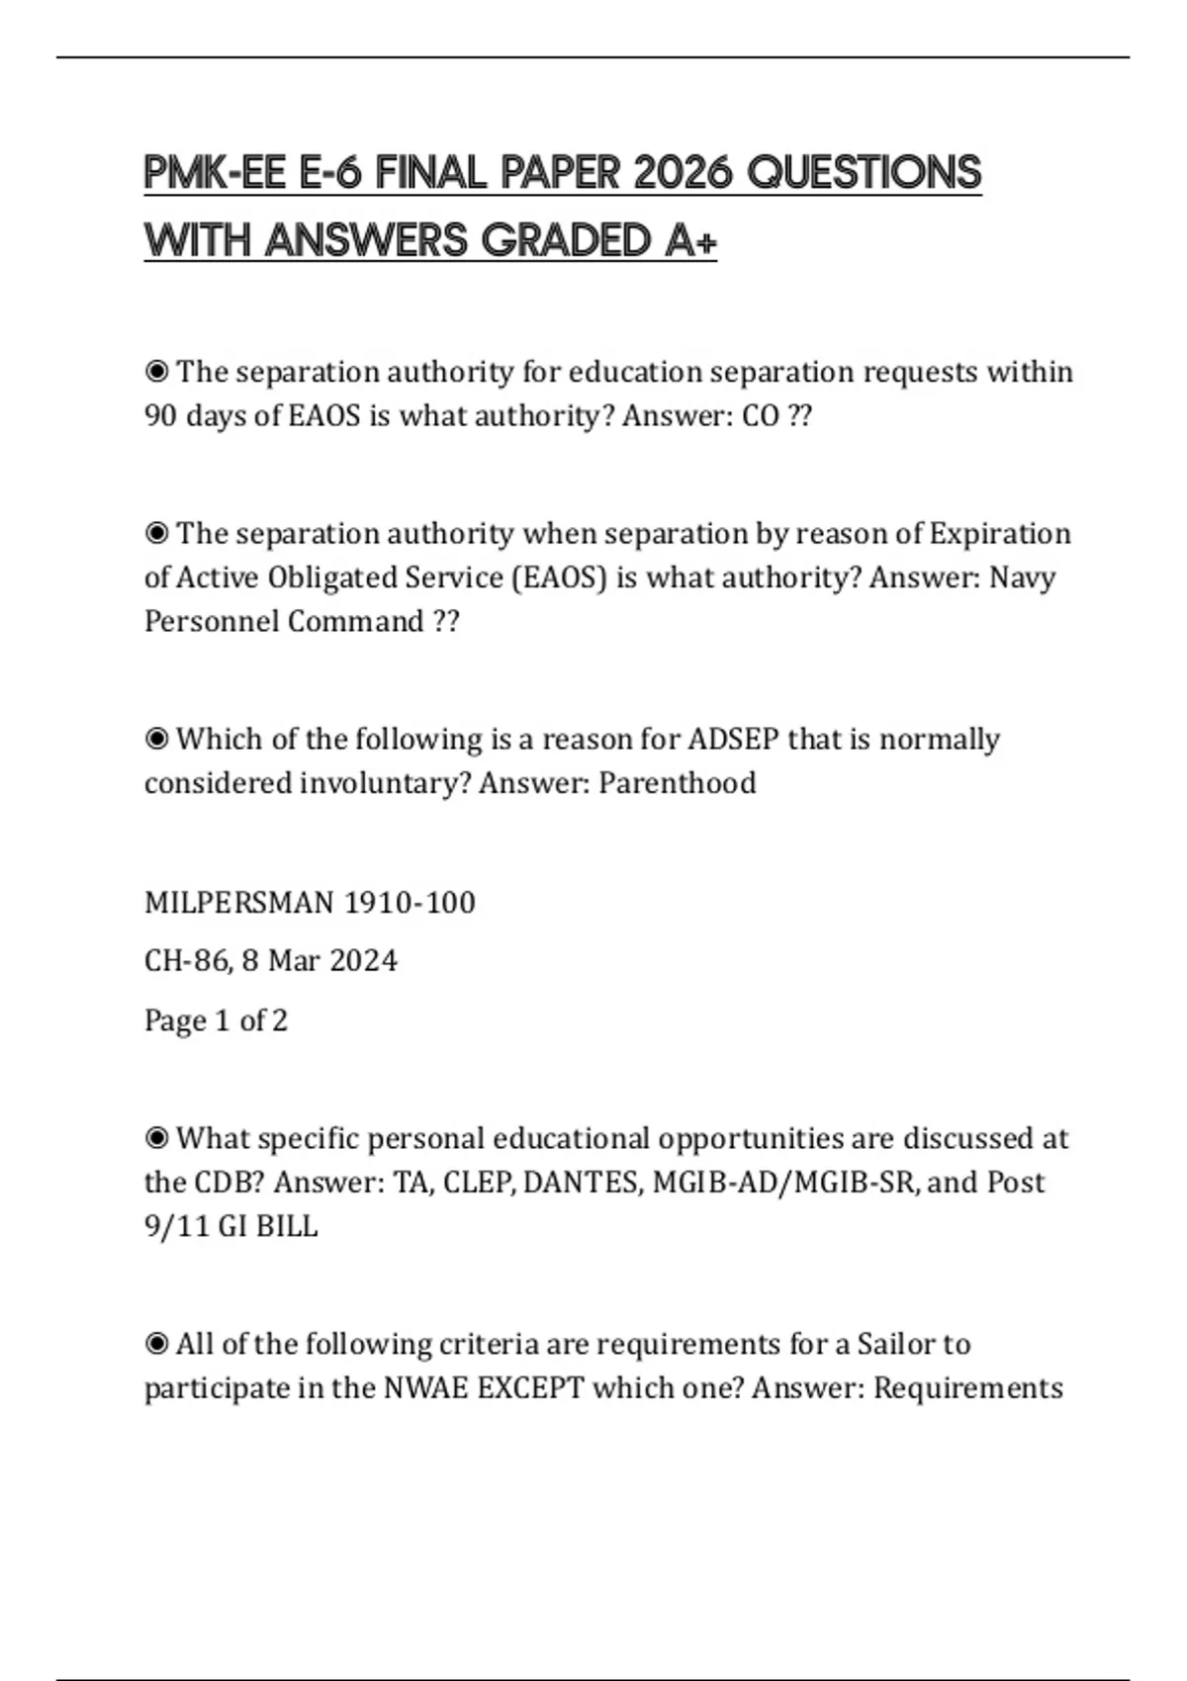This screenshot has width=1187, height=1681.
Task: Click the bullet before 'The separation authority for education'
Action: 156,372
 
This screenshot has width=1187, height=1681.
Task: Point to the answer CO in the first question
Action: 761,415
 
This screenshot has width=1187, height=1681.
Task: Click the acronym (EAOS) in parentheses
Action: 559,577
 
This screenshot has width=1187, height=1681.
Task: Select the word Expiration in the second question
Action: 1000,534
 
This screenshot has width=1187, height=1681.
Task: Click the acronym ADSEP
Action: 733,740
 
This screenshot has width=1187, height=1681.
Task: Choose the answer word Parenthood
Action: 678,783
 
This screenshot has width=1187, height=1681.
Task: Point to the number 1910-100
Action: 410,903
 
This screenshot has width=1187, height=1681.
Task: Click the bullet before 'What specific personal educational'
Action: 156,1139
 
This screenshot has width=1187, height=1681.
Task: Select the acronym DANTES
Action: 583,1183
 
